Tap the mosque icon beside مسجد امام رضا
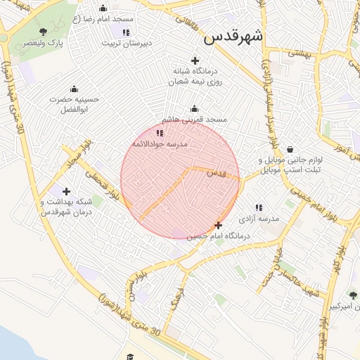(103, 8)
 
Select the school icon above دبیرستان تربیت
(126, 32)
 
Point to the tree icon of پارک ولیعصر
(44, 32)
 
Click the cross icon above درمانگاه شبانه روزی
(195, 60)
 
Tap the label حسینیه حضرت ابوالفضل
(75, 104)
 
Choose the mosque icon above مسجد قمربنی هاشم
(195, 109)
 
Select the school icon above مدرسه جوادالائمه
(160, 132)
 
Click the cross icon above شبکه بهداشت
(66, 191)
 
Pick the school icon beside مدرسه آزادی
(259, 207)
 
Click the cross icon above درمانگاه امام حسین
(219, 226)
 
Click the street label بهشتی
(299, 53)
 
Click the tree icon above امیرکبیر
(352, 296)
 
